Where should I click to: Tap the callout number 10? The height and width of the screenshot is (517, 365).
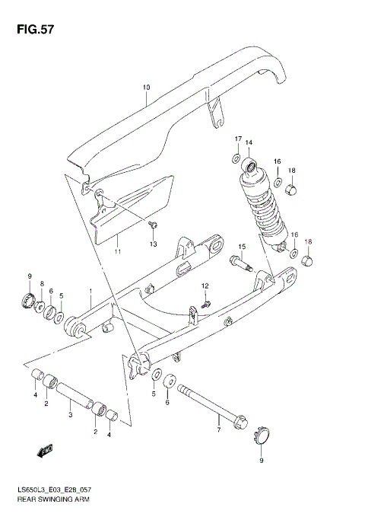(x=146, y=88)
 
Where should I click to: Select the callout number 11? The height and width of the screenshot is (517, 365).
(x=118, y=251)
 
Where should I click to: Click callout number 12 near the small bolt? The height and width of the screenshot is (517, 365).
(x=205, y=286)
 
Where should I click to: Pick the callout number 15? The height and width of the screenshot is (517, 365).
(x=242, y=247)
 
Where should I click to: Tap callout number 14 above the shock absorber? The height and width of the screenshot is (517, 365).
(x=248, y=142)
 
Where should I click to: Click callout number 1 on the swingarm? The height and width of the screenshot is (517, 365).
(x=90, y=291)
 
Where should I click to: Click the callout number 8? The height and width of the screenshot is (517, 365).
(x=42, y=282)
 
